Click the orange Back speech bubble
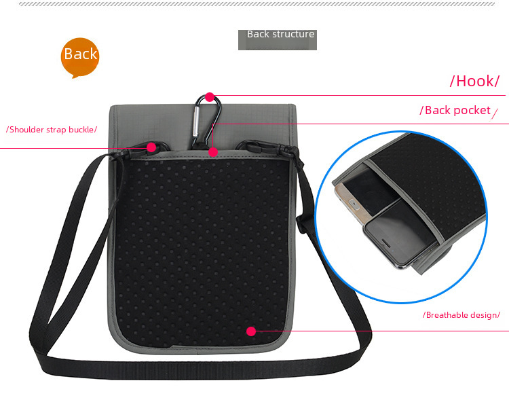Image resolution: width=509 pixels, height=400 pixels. click(80, 56)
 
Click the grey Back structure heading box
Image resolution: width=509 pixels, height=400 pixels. click(278, 39)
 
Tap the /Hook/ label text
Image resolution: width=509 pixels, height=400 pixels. click(474, 81)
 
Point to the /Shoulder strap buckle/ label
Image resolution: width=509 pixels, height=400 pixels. click(52, 129)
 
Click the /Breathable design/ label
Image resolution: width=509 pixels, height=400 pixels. click(461, 314)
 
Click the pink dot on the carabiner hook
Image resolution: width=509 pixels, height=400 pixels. click(210, 97)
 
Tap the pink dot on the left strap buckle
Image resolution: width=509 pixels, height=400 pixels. click(151, 147)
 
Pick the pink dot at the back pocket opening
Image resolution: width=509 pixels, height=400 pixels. click(213, 152)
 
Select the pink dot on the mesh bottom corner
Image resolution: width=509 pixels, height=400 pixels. click(251, 331)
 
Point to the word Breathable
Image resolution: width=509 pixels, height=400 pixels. click(447, 314)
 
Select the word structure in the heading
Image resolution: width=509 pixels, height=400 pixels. click(293, 34)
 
